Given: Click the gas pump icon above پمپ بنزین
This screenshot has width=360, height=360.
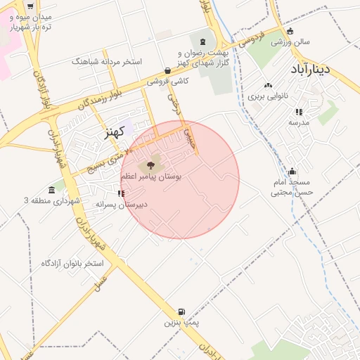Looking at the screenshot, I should pyautogui.click(x=182, y=311).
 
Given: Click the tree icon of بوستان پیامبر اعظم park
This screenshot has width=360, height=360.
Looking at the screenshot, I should pyautogui.click(x=150, y=166).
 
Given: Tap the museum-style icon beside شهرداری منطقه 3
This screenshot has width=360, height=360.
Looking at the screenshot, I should pyautogui.click(x=52, y=191).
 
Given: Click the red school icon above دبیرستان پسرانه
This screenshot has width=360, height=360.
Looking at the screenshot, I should pyautogui.click(x=122, y=193).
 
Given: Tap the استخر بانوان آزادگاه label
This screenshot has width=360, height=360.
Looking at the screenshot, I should pyautogui.click(x=72, y=264).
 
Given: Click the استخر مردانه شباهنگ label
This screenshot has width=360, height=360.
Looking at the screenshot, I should pyautogui.click(x=107, y=62).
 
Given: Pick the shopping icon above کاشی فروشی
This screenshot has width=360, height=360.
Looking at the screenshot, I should pyautogui.click(x=167, y=70).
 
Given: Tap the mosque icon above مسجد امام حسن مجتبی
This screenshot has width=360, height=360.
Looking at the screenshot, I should pyautogui.click(x=292, y=171).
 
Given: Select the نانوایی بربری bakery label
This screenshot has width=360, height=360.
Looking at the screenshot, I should pyautogui.click(x=267, y=94).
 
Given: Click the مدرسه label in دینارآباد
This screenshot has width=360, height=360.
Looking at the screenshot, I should pyautogui.click(x=299, y=122).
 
